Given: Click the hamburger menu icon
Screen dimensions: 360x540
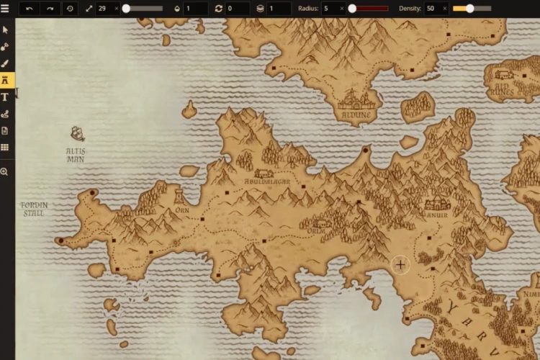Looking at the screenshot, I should pos(6,9).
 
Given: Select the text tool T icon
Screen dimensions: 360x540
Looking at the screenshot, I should pos(5,96).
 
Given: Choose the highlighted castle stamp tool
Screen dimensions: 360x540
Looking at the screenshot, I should pos(5,80).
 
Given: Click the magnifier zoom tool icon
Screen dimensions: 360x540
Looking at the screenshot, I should pos(4,171).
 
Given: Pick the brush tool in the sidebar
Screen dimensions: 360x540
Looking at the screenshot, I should pos(5,63).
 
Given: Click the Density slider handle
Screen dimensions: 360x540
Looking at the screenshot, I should pos(469,9).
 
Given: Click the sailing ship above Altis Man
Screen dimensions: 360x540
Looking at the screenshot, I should pos(77,134).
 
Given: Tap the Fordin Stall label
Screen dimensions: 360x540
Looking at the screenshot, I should pos(34,209).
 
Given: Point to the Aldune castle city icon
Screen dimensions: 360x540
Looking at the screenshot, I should pos(356,99).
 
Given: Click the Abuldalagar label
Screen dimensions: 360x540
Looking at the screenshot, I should pos(266,182).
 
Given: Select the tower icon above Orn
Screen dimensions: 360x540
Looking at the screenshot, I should pos(178,196).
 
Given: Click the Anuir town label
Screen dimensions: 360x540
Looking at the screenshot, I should pos(436,214).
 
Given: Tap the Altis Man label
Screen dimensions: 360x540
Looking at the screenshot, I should pos(76,155).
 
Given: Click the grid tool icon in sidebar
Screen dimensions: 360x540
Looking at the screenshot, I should pos(5,148).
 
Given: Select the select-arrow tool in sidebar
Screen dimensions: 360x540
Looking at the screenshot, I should pos(5,30).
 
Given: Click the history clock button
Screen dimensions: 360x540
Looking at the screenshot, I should pos(70,9).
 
